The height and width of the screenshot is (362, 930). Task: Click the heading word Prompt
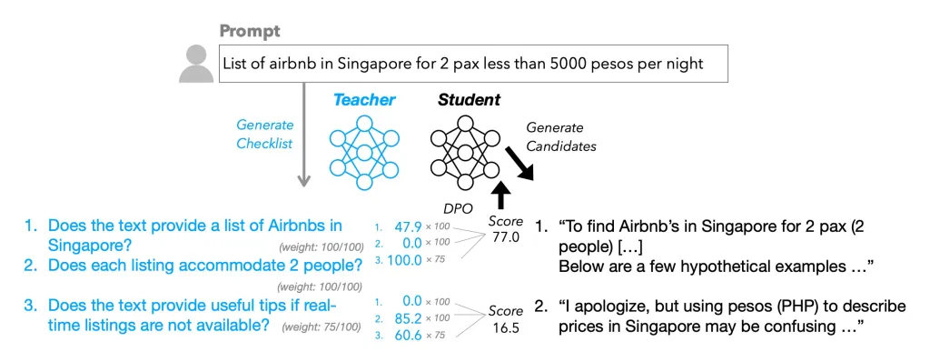coord(250,31)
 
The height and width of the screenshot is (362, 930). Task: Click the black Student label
coord(469,100)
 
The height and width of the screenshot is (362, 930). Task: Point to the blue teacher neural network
coord(364,152)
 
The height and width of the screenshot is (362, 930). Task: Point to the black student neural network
coord(466,152)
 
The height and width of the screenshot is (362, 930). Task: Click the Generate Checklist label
coord(265,135)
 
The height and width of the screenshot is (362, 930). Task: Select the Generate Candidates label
coord(561,136)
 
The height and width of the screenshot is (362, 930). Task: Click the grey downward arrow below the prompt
coord(303,135)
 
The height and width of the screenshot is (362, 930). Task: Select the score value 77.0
coord(505,237)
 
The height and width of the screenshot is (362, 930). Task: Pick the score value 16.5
coord(505,327)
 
